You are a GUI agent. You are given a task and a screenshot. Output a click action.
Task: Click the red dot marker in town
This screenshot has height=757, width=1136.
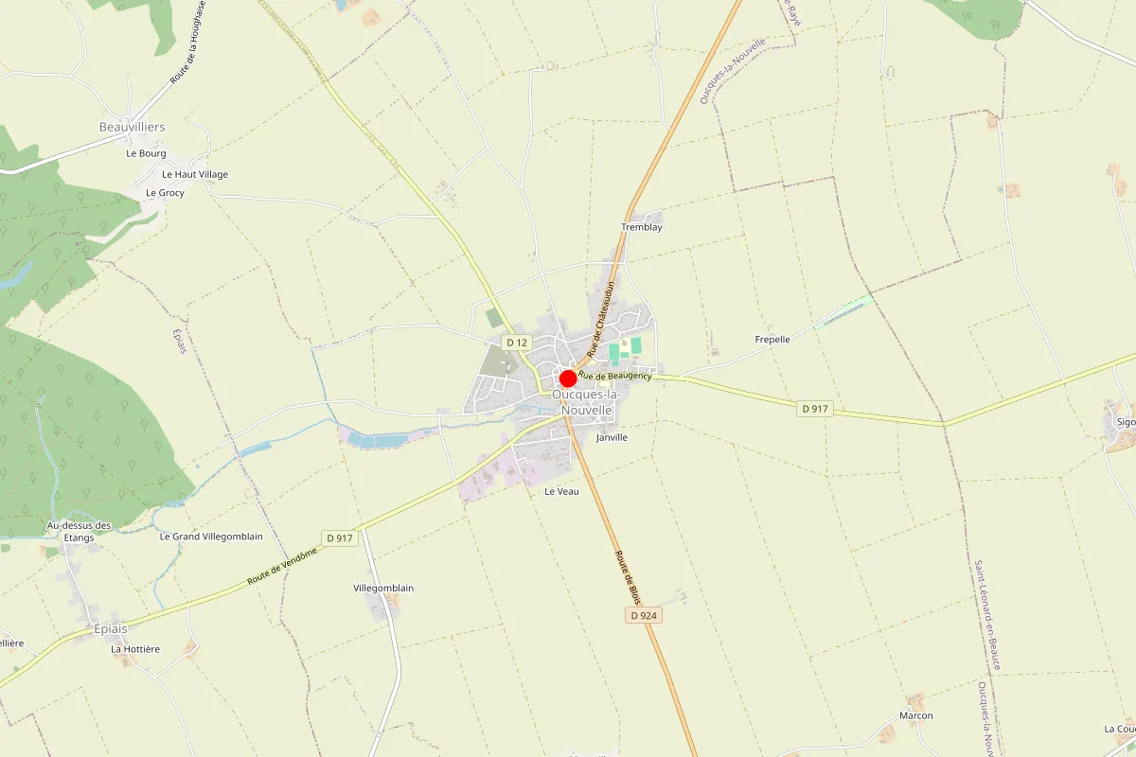tap(568, 378)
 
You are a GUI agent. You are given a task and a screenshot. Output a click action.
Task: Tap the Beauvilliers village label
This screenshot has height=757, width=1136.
tap(133, 127)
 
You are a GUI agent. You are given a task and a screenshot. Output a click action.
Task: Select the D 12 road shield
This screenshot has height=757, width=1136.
tap(516, 342)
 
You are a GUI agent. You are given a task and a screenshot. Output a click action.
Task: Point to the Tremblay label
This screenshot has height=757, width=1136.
tap(641, 227)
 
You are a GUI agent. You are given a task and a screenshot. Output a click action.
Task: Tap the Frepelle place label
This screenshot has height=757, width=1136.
tap(772, 339)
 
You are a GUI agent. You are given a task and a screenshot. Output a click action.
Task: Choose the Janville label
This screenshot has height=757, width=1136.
tap(612, 438)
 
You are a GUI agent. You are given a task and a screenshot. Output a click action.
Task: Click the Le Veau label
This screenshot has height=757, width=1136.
tap(561, 492)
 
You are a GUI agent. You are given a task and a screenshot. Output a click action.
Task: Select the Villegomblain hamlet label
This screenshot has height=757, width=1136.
tap(383, 588)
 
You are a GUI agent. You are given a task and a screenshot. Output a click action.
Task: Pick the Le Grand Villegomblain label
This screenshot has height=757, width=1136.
tap(211, 536)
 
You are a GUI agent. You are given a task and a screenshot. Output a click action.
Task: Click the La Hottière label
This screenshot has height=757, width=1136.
tap(135, 649)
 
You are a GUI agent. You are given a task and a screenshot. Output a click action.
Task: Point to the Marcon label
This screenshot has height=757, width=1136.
tap(916, 715)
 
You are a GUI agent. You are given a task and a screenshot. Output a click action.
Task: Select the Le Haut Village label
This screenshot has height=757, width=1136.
tap(195, 174)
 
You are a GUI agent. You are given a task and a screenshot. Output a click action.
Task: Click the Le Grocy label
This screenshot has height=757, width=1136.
tap(165, 192)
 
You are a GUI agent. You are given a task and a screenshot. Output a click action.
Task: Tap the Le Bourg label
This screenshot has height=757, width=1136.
tap(146, 153)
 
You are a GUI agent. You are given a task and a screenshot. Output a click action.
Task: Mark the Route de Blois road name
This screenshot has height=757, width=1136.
tap(629, 577)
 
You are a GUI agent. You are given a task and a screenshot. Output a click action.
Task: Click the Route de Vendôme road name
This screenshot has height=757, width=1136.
tap(282, 565)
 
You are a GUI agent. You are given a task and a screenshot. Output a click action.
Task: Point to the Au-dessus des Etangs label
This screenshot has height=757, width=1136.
tap(80, 531)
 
